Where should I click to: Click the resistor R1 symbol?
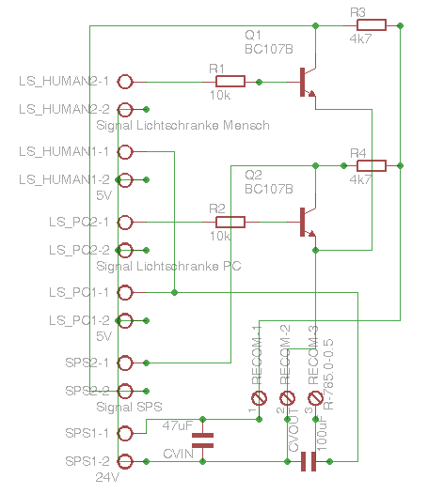230,82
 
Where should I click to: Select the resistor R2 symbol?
230,223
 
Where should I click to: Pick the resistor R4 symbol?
371,166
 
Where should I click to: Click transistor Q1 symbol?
307,83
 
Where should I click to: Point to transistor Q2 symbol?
307,224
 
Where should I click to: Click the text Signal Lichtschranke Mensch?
182,125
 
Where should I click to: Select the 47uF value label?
178,425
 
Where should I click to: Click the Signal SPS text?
130,407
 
